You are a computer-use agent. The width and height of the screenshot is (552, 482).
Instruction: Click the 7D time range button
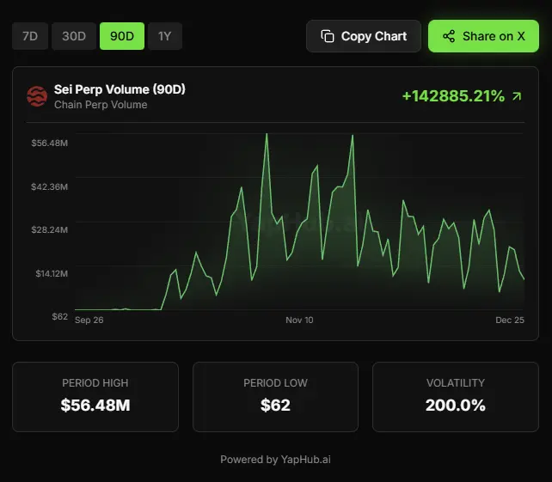point(29,36)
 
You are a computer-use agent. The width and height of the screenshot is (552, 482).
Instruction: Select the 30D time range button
point(74,36)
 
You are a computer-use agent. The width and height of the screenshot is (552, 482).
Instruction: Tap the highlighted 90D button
point(122,36)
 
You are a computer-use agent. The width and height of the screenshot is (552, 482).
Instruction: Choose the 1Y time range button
point(164,36)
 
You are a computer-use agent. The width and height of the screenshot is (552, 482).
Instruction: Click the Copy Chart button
point(364,36)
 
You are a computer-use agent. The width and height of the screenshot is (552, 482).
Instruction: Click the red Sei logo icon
point(37,96)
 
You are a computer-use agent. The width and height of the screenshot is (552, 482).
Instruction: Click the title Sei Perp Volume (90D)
point(120,89)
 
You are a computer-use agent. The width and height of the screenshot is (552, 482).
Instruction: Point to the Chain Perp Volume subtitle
point(101,105)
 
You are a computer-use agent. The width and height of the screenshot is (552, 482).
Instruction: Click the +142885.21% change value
point(453,96)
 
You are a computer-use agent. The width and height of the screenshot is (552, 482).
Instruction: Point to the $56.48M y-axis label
point(49,143)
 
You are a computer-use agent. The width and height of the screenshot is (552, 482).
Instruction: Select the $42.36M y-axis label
point(49,186)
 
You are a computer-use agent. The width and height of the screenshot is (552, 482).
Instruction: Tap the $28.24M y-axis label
point(49,229)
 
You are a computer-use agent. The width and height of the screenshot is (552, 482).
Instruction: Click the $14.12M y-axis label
point(49,273)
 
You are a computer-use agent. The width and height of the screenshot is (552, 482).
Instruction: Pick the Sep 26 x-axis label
point(89,320)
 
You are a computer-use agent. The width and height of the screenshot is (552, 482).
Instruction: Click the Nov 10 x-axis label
point(299,320)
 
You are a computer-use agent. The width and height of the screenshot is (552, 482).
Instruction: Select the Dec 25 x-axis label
point(510,320)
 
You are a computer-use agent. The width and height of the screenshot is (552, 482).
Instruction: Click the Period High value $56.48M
point(95,405)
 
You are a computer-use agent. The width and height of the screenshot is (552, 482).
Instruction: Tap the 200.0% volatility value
point(455,405)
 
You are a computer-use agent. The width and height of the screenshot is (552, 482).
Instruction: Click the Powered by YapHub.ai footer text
point(275,460)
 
